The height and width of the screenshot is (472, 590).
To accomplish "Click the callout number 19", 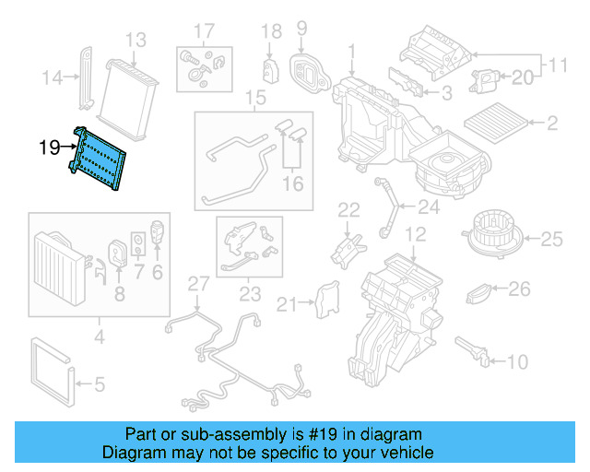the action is (50, 146).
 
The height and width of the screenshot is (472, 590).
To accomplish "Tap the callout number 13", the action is (136, 40).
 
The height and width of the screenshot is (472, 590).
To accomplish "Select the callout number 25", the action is (550, 241).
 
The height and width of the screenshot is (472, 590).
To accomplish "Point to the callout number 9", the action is (301, 28).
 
